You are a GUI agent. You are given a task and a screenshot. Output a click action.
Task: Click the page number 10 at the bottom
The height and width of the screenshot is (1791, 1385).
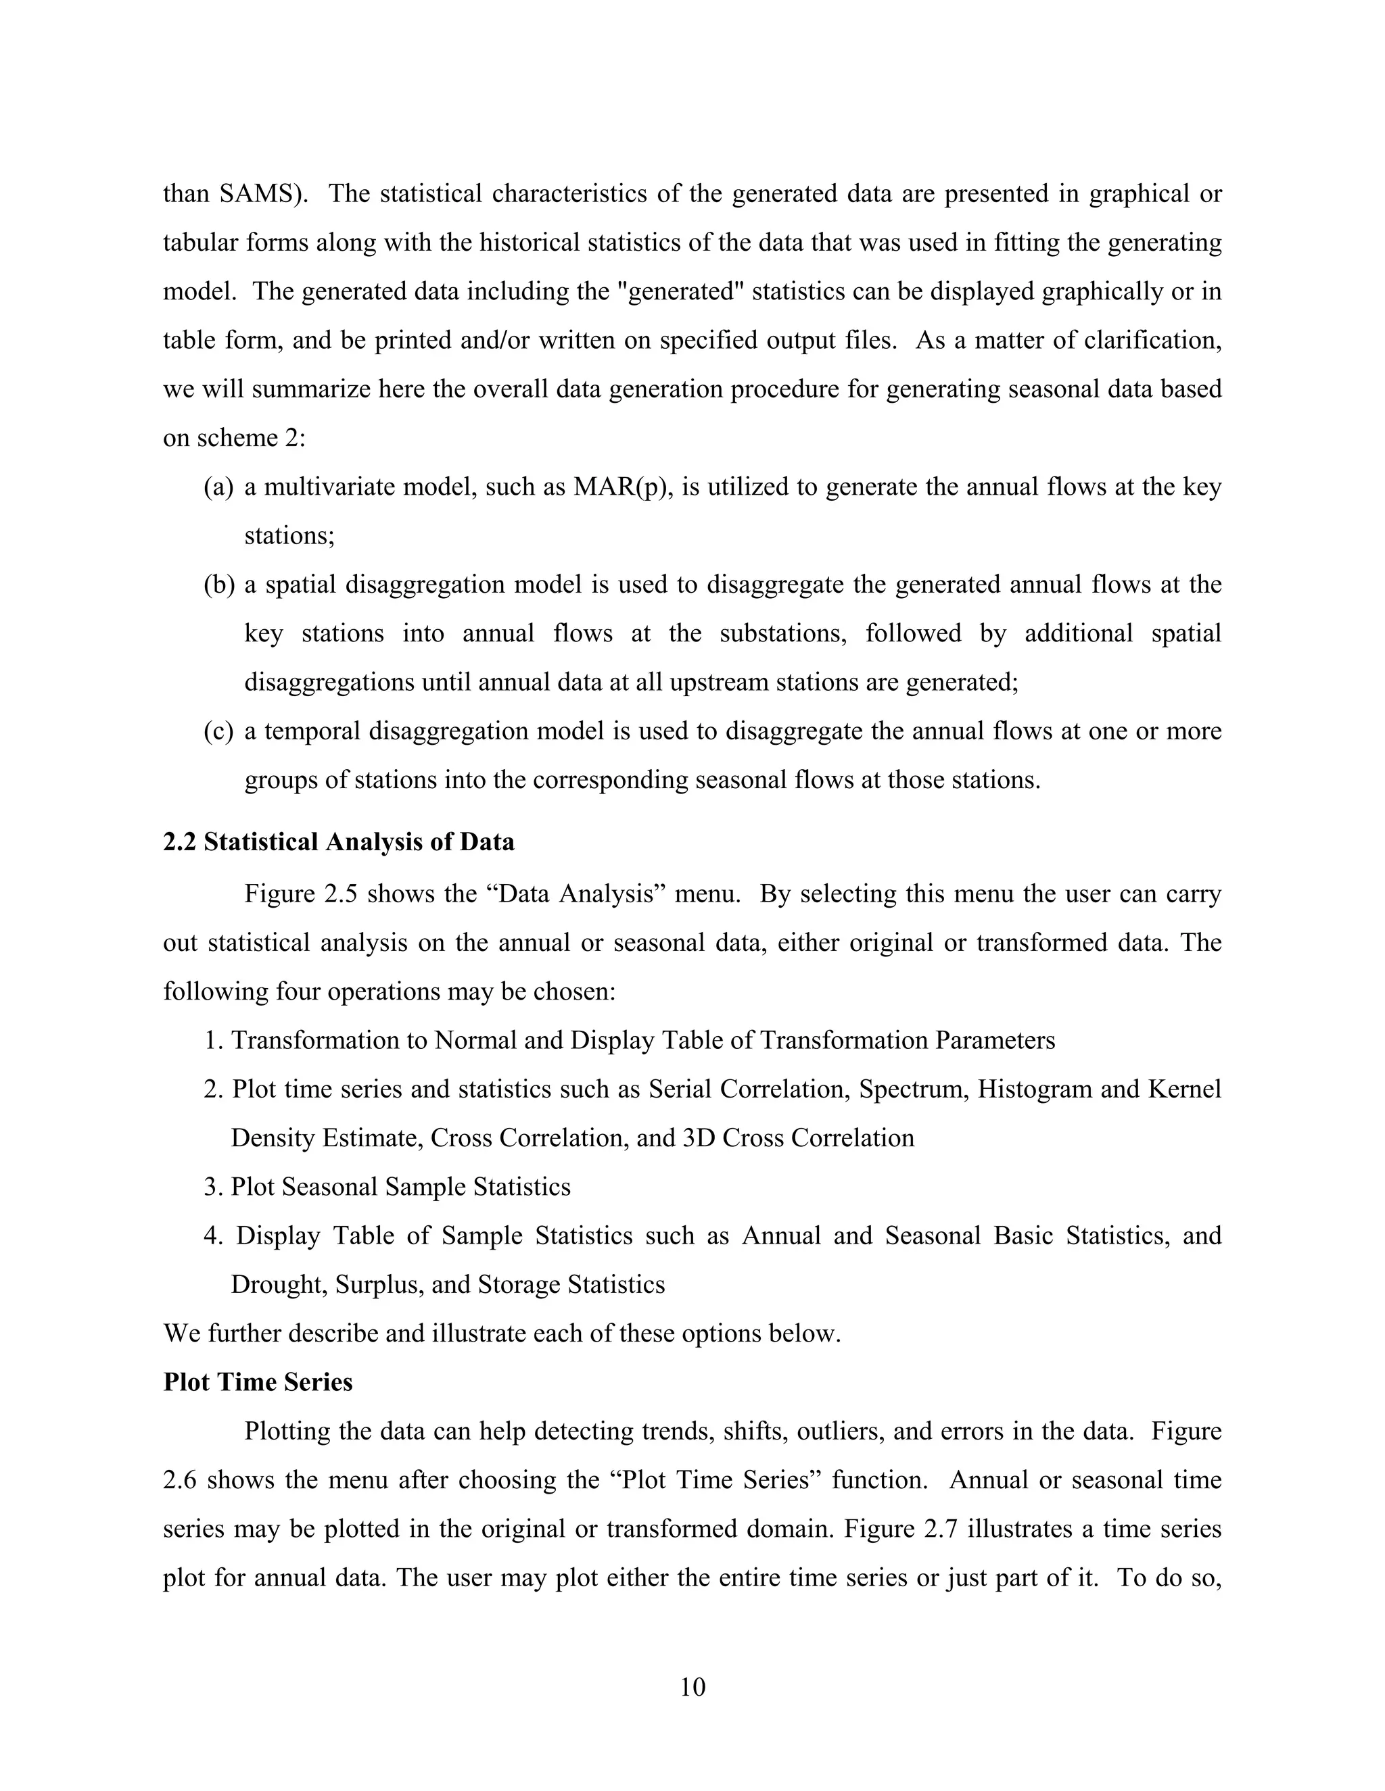click(x=692, y=1687)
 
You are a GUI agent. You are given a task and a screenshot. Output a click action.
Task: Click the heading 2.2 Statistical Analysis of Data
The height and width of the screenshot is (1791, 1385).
click(x=338, y=842)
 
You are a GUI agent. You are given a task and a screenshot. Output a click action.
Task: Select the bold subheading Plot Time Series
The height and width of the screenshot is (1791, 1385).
click(x=258, y=1382)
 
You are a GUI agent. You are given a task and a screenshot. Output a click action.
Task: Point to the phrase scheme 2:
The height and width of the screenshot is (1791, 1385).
click(x=250, y=439)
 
